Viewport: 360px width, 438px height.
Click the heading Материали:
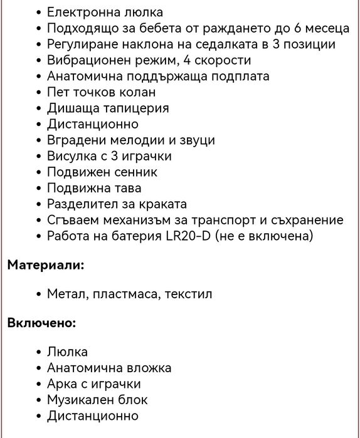click(x=46, y=265)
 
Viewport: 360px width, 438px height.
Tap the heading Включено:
click(x=41, y=323)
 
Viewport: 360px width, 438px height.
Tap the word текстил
click(x=188, y=294)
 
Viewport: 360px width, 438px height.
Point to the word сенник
click(x=136, y=172)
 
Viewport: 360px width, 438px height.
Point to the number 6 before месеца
click(x=298, y=28)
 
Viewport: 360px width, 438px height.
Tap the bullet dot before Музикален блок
click(x=40, y=400)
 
